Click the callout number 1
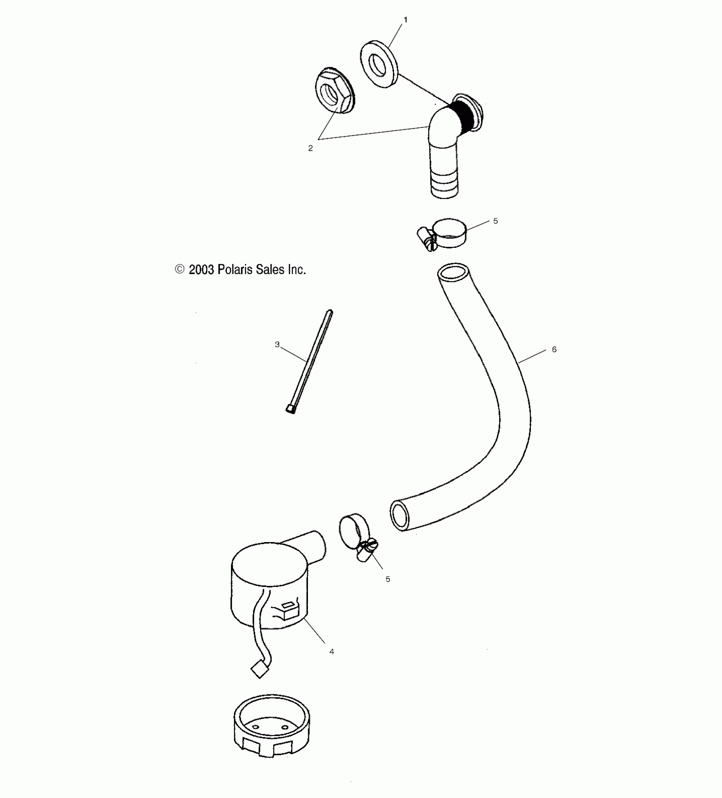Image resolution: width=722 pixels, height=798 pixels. (x=405, y=20)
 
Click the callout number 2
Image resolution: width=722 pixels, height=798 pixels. (x=310, y=148)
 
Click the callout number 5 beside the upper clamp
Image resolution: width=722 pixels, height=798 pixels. (x=495, y=221)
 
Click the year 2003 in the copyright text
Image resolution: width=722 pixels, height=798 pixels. (x=201, y=270)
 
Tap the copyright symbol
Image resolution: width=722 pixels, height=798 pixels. (x=180, y=269)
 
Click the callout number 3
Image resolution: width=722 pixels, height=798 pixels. (x=277, y=344)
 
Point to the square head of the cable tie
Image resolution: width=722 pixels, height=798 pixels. (x=290, y=409)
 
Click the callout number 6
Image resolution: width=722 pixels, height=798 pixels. (x=554, y=349)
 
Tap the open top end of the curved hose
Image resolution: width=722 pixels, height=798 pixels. (x=453, y=272)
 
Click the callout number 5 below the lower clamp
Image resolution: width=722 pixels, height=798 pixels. (x=387, y=579)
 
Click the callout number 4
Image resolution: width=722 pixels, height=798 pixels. (x=331, y=651)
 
